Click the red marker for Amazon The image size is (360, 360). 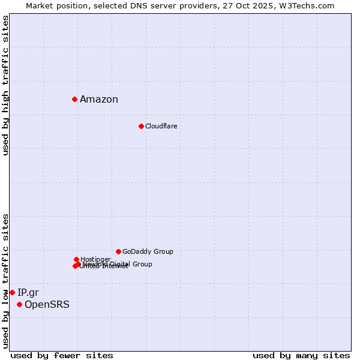pyautogui.click(x=74, y=99)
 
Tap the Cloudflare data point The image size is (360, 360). pyautogui.click(x=141, y=126)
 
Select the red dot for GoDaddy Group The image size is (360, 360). pyautogui.click(x=118, y=251)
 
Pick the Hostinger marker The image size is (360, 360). pyautogui.click(x=76, y=259)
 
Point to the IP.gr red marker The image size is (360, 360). pyautogui.click(x=12, y=292)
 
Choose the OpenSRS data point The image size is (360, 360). pyautogui.click(x=19, y=305)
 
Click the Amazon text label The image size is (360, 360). pyautogui.click(x=99, y=100)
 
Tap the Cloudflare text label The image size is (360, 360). pyautogui.click(x=161, y=126)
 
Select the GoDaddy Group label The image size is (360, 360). pyautogui.click(x=148, y=251)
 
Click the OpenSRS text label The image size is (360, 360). pyautogui.click(x=47, y=305)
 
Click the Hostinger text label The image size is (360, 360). pyautogui.click(x=95, y=259)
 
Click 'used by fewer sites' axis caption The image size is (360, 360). pyautogui.click(x=62, y=355)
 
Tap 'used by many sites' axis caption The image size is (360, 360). pyautogui.click(x=301, y=355)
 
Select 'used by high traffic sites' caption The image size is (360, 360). pyautogui.click(x=6, y=85)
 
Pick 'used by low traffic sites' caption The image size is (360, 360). pyautogui.click(x=6, y=281)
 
